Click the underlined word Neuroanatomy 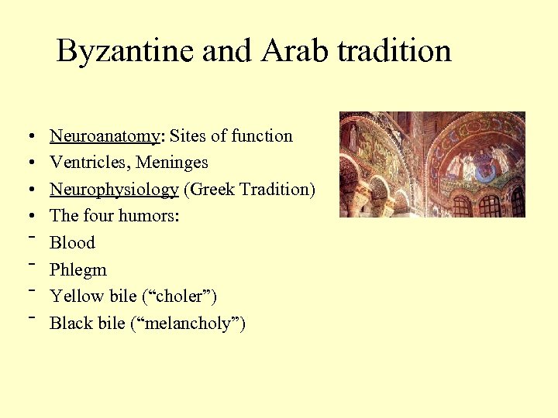tap(104, 136)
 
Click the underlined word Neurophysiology tap(114, 190)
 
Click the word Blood tap(72, 243)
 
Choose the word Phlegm tap(78, 270)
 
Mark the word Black tap(71, 324)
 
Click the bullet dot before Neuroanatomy tap(26, 137)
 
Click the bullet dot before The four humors tap(26, 217)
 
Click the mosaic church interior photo tap(432, 164)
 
